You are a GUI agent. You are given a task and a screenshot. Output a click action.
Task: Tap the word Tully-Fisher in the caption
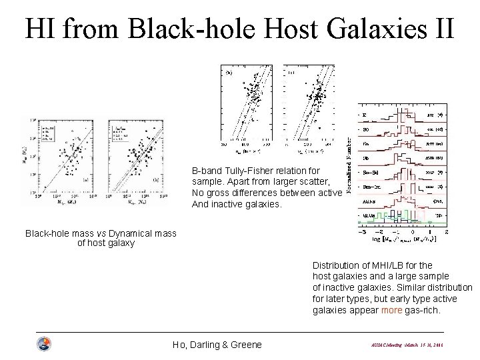click(243, 170)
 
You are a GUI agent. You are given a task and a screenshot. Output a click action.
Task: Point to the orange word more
click(392, 311)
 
